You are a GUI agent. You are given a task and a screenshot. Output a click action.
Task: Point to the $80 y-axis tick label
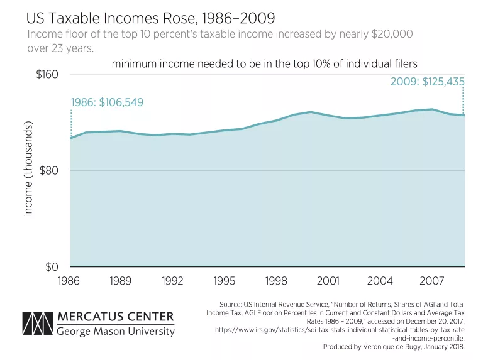click(48, 171)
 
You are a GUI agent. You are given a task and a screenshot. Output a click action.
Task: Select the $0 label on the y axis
click(52, 267)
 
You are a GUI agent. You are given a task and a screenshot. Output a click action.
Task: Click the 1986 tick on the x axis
click(69, 281)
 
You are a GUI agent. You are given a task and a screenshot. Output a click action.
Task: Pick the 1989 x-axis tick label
click(121, 281)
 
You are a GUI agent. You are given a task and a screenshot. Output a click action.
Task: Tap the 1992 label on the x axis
click(172, 281)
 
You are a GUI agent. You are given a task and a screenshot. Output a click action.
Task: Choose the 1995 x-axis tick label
click(225, 281)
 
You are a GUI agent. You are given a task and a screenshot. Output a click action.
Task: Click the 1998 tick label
click(277, 281)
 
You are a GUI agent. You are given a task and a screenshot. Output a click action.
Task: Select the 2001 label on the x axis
click(328, 281)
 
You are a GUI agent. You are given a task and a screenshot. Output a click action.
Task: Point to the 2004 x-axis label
click(380, 281)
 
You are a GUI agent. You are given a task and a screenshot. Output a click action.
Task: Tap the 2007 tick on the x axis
click(433, 281)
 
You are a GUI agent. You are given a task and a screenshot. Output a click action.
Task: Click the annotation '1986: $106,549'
click(107, 102)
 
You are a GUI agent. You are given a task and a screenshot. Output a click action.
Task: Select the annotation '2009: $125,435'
click(427, 81)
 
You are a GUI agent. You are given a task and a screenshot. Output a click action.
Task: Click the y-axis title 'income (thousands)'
click(28, 168)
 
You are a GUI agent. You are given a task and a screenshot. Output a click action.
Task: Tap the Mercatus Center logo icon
click(36, 323)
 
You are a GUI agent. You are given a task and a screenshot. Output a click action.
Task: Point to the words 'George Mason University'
click(116, 330)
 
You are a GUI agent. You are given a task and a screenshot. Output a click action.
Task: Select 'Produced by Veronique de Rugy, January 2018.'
click(393, 346)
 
